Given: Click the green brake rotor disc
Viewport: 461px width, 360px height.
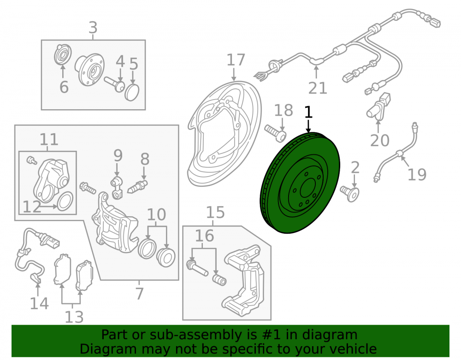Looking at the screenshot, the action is tap(300, 183).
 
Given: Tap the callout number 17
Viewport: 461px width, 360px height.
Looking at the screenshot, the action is tap(236, 60).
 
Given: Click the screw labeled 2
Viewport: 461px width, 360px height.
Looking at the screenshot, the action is tap(350, 194).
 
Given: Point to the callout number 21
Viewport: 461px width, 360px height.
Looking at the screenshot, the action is tap(318, 88).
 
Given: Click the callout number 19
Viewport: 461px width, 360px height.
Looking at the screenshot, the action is tap(417, 174).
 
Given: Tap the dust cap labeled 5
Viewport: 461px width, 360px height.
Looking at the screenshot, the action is tap(132, 92).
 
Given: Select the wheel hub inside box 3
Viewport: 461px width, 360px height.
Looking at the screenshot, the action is tap(90, 70).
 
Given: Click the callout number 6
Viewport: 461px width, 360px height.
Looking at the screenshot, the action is tap(64, 87).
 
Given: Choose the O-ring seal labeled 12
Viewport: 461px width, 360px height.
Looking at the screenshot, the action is tap(65, 201).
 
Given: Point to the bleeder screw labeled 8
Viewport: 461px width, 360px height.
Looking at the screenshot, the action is tap(137, 187).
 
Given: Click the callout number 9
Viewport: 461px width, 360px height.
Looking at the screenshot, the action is tap(118, 155).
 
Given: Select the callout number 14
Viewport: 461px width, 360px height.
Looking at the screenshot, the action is tap(39, 303).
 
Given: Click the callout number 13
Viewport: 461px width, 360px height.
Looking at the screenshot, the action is tap(74, 317).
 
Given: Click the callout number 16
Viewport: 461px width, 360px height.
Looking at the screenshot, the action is tap(204, 236).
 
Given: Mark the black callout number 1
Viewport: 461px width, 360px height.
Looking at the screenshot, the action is tap(308, 112).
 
